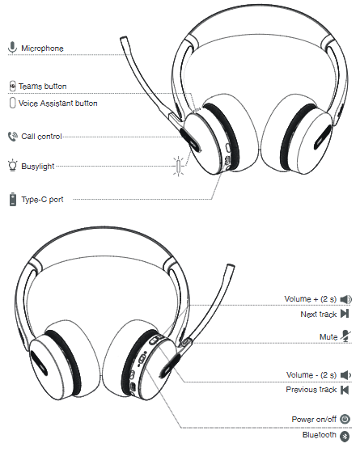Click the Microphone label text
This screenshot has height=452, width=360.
[x=42, y=49]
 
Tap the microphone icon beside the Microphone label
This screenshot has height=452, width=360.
[x=12, y=48]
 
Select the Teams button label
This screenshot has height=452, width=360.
[x=43, y=87]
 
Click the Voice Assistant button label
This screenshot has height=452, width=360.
[x=58, y=103]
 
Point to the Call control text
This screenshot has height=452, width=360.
[x=41, y=137]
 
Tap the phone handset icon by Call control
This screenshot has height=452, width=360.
[x=12, y=137]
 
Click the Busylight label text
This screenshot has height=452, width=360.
[x=38, y=167]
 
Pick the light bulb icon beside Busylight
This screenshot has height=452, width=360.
[x=12, y=165]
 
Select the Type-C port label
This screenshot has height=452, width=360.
[x=42, y=200]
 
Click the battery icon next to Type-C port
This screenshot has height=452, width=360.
[x=13, y=200]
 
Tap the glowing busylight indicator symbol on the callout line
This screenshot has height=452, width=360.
[x=179, y=167]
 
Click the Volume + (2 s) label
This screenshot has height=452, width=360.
[x=311, y=299]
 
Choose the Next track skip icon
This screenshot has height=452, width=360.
[x=345, y=314]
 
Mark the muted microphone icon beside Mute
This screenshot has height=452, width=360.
[x=345, y=336]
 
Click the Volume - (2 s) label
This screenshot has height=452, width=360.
[x=311, y=374]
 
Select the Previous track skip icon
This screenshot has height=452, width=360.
[x=345, y=390]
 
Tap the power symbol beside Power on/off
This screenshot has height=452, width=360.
[x=345, y=419]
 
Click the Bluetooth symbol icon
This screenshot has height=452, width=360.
[x=345, y=436]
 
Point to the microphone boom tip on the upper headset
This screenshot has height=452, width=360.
[x=123, y=39]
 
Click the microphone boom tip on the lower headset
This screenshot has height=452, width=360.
[x=231, y=267]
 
